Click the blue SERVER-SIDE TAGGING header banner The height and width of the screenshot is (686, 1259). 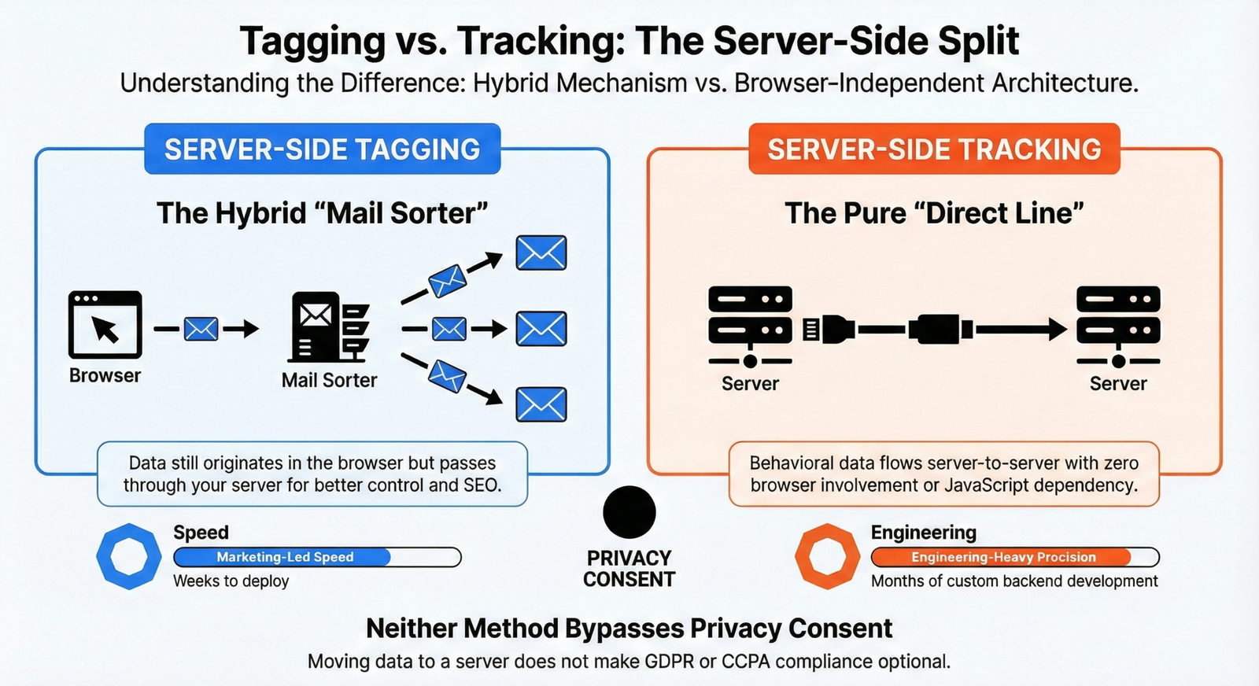coord(322,149)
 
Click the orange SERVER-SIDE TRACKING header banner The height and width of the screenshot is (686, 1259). coord(934,149)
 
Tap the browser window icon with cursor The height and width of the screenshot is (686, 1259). coord(105,325)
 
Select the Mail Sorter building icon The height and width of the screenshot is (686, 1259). coord(329,326)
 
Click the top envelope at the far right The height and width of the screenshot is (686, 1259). coord(541,253)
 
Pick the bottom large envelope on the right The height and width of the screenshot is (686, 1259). coord(541,405)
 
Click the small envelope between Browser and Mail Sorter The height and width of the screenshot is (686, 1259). coord(201,329)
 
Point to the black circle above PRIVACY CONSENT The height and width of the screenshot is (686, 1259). coord(629,512)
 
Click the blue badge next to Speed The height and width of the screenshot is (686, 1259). coord(129,556)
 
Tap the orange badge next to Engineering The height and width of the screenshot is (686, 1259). coord(827,556)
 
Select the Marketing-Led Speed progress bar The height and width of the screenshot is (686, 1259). coord(317,557)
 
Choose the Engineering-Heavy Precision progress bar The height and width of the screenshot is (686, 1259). coord(1014,557)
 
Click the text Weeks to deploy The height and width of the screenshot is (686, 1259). coord(231,581)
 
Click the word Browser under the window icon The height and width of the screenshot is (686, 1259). coord(105,376)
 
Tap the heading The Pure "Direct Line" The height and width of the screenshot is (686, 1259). coord(934,213)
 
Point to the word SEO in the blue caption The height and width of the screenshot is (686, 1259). coord(480,485)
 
